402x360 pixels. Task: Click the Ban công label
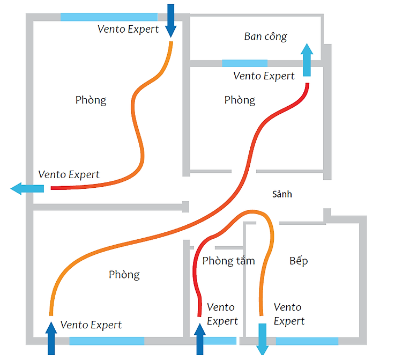265,37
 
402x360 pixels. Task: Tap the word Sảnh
281,194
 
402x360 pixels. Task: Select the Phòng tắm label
229,261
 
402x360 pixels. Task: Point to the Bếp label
299,261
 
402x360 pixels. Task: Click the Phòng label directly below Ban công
240,100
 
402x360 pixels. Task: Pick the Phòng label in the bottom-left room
124,275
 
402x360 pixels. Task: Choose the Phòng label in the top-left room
91,100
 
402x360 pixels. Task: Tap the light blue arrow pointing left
27,188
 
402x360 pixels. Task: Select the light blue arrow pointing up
307,60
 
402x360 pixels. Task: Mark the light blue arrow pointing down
263,339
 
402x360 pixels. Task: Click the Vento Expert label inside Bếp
288,314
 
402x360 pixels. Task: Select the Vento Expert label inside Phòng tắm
221,314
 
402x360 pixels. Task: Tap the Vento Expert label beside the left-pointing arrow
69,175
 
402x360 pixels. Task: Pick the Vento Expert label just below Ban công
264,76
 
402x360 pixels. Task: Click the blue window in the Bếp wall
307,341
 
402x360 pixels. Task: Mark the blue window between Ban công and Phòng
244,63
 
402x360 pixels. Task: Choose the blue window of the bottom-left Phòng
107,341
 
